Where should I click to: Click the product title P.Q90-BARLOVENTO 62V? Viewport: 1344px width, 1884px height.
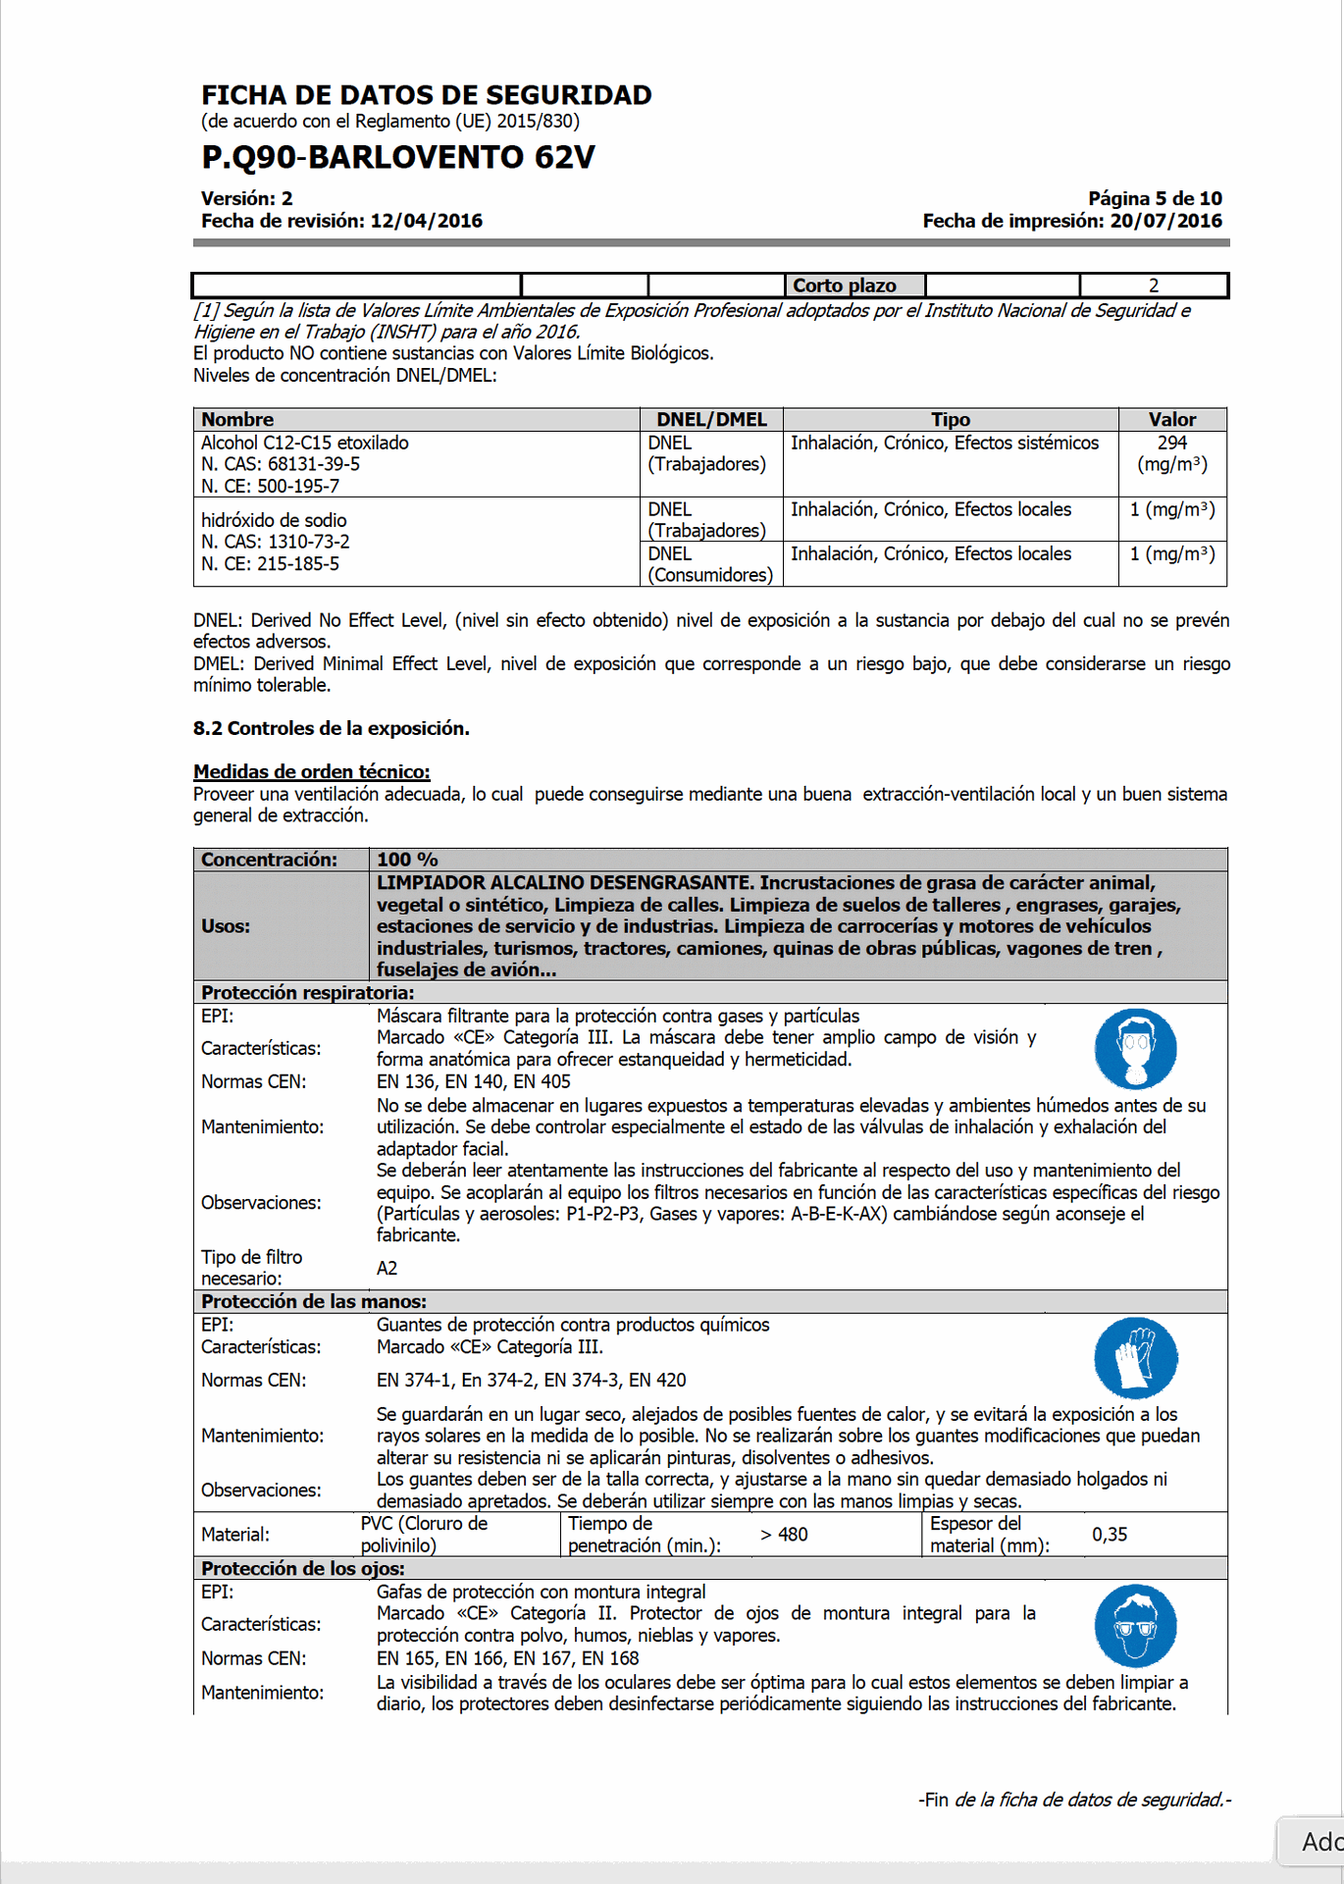[x=397, y=157]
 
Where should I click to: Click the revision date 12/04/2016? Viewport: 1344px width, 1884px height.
[x=426, y=221]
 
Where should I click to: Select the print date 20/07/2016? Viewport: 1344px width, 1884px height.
[x=1165, y=221]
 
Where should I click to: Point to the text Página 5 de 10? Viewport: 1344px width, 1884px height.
[x=1155, y=198]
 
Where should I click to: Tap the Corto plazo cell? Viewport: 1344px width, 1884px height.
[x=845, y=286]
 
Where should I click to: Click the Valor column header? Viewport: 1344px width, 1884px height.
[x=1171, y=419]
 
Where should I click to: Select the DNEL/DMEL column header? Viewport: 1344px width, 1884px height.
[x=711, y=419]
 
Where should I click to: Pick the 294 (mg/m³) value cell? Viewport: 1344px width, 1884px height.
[x=1171, y=453]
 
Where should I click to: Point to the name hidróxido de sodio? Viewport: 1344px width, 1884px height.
[x=274, y=520]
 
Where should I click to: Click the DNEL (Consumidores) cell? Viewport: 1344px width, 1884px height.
[x=710, y=564]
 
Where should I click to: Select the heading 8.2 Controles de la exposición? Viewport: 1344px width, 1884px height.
[x=331, y=728]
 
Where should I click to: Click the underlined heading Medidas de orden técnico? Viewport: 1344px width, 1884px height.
[x=311, y=771]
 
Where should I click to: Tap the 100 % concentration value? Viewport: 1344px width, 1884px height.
[x=407, y=860]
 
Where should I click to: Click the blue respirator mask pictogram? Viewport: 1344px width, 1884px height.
[x=1135, y=1048]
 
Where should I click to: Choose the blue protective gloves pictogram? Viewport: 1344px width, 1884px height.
[x=1135, y=1357]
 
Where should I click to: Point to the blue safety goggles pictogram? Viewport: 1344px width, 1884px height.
[x=1135, y=1625]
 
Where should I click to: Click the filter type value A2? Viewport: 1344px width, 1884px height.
[x=388, y=1268]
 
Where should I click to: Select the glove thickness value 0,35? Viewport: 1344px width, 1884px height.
[x=1110, y=1535]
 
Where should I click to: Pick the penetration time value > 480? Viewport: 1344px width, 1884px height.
[x=784, y=1535]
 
